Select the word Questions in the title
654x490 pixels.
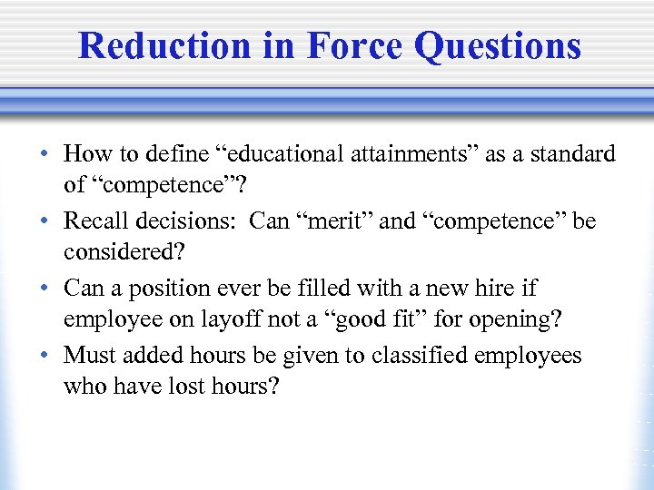496,45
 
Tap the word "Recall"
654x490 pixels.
96,221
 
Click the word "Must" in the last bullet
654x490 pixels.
89,356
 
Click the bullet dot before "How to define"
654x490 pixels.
45,155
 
